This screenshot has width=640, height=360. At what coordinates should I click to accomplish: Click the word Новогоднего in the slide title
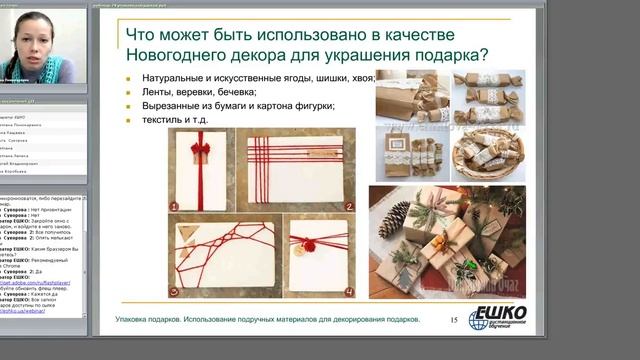tap(173, 54)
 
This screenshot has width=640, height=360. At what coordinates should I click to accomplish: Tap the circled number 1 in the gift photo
tap(174, 207)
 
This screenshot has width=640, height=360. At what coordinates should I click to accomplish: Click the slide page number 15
tap(452, 319)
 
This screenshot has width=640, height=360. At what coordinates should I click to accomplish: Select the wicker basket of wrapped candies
tap(487, 150)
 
